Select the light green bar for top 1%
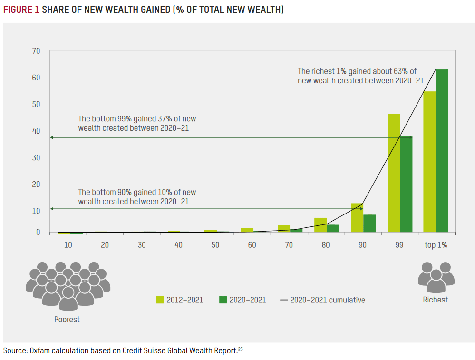coord(429,162)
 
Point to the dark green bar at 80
coord(333,228)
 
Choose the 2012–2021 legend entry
coord(180,300)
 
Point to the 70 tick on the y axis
coord(36,51)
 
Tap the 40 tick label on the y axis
coord(36,131)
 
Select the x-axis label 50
coord(215,245)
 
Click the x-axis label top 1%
coord(436,245)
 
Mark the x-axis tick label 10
coord(68,245)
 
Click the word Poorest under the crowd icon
coord(67,319)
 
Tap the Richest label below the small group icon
coord(435,300)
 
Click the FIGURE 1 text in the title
coord(21,10)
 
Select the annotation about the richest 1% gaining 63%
coord(360,76)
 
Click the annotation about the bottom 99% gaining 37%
coord(137,123)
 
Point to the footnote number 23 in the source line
coord(240,350)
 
